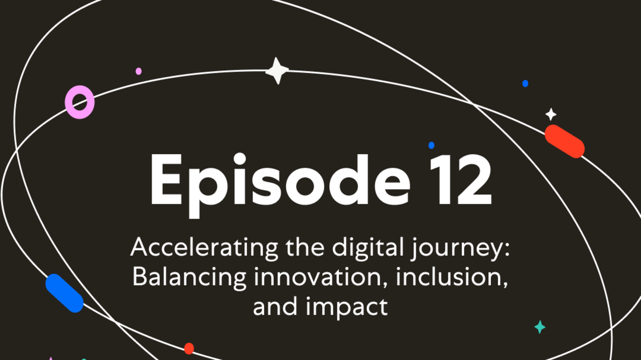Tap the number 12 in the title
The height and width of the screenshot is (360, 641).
461,180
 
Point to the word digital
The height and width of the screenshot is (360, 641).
368,247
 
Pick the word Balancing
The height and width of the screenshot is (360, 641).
189,278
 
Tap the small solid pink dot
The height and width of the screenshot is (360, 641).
139,71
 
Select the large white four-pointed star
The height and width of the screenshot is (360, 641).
277,71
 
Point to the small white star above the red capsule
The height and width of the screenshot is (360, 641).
550,115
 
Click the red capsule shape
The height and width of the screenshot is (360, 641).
564,141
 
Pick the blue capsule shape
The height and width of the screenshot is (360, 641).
65,293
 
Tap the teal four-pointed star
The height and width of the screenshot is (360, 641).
540,327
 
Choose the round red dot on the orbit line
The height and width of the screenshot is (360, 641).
189,348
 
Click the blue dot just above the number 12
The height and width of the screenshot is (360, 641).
432,145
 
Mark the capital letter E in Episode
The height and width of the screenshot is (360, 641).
166,180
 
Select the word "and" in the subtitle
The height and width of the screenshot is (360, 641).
275,306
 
